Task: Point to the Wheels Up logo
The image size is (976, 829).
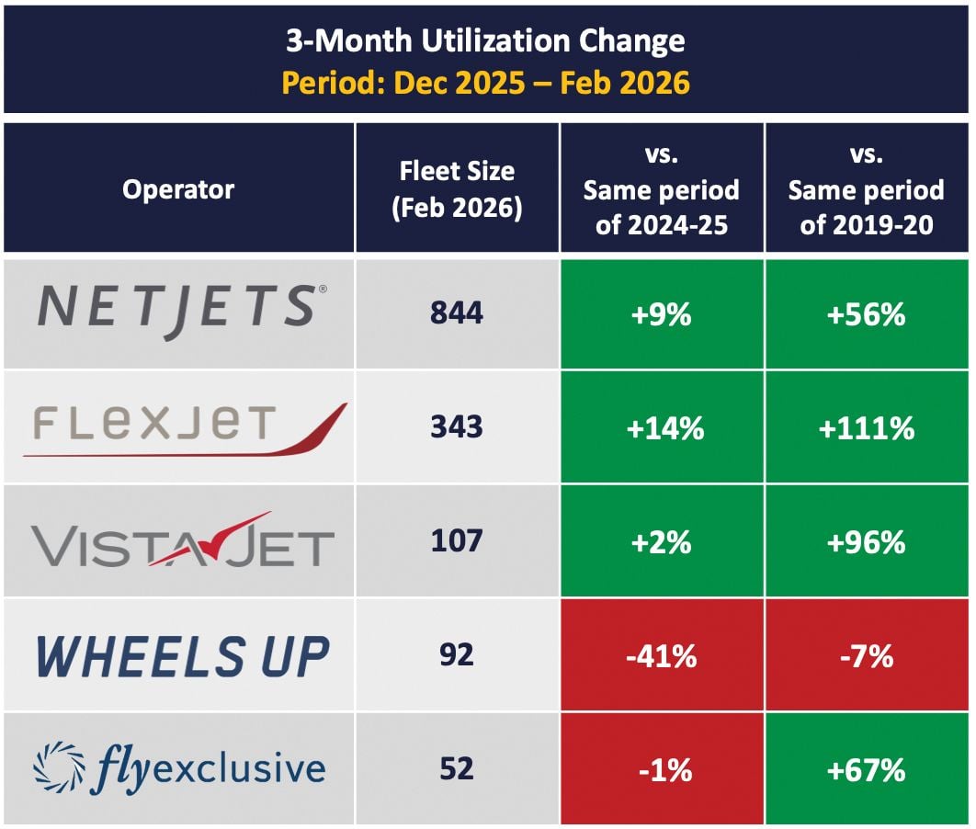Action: (x=182, y=655)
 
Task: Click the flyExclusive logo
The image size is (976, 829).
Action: (x=179, y=768)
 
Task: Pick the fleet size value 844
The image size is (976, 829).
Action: (x=457, y=313)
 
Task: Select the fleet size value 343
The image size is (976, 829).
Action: (x=457, y=427)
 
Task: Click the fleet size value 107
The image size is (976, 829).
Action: (x=457, y=540)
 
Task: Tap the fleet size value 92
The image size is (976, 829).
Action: (x=457, y=654)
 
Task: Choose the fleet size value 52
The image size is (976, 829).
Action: (x=457, y=768)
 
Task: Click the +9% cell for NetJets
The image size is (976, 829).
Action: (x=662, y=314)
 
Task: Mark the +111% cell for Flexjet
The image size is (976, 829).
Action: (x=866, y=427)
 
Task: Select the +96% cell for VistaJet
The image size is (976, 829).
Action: (x=866, y=541)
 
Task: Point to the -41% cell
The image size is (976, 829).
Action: (x=662, y=655)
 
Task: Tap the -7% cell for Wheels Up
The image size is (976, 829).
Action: (x=866, y=655)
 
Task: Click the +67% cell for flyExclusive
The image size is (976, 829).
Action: (x=866, y=769)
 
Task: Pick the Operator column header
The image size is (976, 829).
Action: (x=179, y=189)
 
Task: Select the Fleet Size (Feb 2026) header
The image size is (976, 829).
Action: (x=457, y=189)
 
